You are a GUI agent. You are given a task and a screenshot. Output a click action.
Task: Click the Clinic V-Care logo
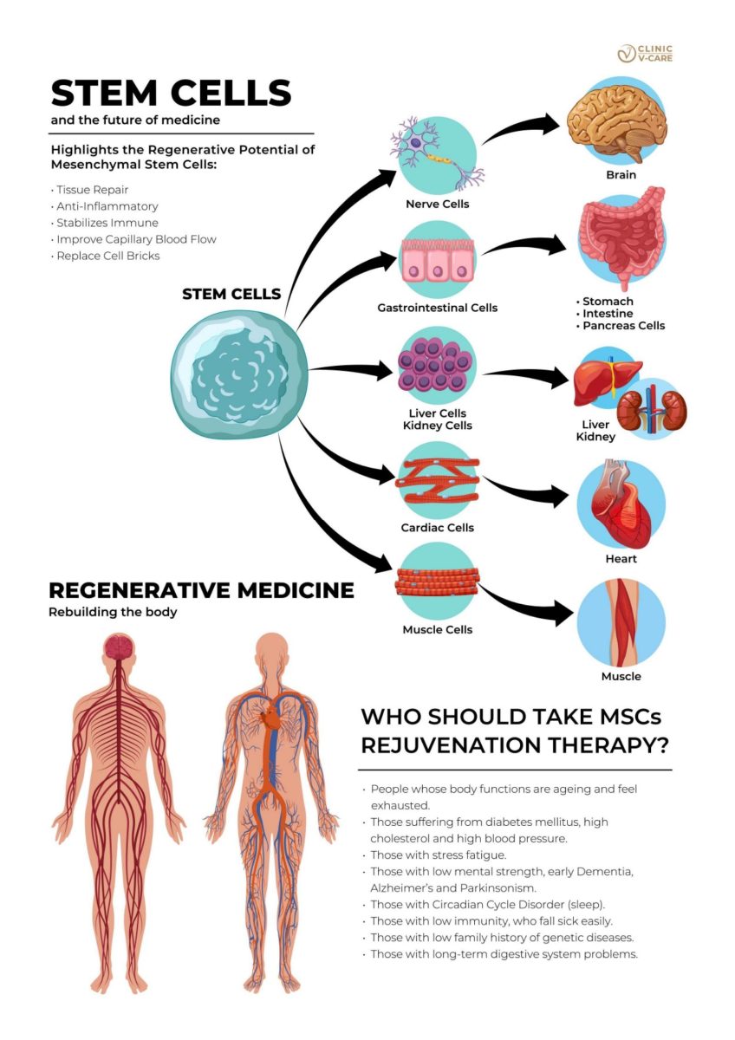click(x=645, y=54)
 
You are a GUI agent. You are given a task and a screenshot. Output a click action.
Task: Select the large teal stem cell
click(x=239, y=374)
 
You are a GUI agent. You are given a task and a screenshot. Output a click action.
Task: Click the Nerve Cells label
click(x=438, y=204)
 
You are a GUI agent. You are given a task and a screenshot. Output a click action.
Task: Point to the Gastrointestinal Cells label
click(x=438, y=308)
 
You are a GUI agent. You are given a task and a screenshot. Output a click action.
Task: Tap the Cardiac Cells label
click(x=438, y=528)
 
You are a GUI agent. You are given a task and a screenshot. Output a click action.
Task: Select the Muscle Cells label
click(x=438, y=629)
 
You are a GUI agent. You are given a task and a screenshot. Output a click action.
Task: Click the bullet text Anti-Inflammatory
click(x=107, y=206)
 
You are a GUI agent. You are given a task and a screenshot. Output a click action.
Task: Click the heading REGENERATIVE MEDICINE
click(x=201, y=590)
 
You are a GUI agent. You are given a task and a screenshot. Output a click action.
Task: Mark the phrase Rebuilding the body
click(x=113, y=612)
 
